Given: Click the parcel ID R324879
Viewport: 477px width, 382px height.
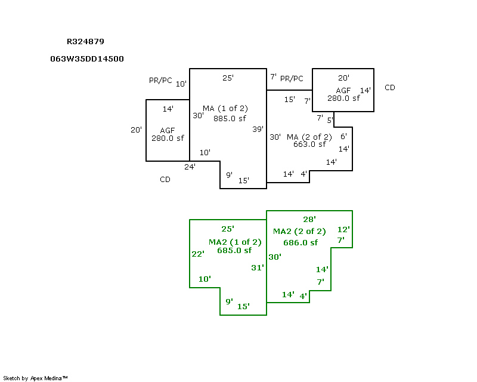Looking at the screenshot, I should click(86, 42).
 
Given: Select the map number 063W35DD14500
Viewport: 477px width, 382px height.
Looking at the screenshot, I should click(88, 59).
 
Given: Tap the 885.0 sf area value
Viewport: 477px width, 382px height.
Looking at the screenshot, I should click(230, 118).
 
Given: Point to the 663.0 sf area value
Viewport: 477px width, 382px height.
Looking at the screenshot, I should click(309, 144).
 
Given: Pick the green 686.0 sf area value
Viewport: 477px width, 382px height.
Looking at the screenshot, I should click(301, 242).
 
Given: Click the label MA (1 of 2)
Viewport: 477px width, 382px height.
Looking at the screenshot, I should click(225, 109).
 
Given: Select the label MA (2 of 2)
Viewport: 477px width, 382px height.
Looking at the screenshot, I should click(306, 137).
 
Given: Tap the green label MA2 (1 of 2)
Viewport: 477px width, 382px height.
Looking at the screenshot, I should click(235, 242).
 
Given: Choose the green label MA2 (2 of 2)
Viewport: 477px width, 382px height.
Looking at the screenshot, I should click(299, 232).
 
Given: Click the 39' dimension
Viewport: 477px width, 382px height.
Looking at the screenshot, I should click(258, 129).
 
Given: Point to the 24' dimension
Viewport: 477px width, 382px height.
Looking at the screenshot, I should click(190, 167).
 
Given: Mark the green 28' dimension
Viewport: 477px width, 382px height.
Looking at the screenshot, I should click(309, 220).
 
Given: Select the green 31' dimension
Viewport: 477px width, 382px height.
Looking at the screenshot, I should click(257, 268).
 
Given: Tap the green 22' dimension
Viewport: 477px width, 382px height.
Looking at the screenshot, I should click(198, 254).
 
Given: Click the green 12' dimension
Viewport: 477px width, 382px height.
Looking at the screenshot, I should click(343, 229).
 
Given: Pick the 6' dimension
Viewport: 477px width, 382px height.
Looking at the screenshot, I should click(343, 137).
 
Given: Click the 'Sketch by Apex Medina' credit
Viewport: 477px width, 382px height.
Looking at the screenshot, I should click(36, 378).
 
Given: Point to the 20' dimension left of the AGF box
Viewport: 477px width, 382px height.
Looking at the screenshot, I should click(137, 130).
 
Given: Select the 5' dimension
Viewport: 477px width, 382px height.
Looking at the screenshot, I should click(330, 120).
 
